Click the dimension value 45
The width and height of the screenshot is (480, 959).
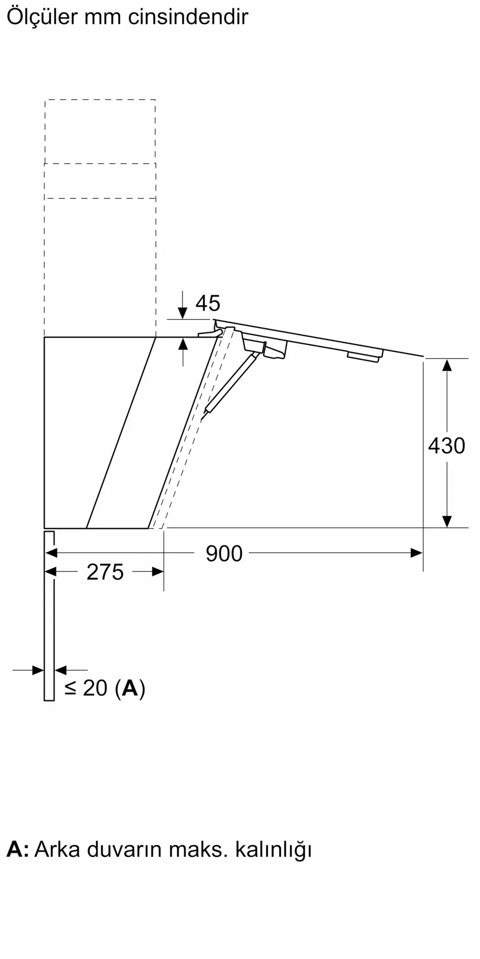tap(208, 303)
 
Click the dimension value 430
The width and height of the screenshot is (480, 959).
tap(446, 445)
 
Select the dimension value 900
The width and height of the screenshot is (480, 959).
tap(224, 553)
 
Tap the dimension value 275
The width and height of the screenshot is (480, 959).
tap(105, 572)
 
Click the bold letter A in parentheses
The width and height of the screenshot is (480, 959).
tap(130, 688)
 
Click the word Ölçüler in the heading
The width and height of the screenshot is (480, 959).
tap(42, 17)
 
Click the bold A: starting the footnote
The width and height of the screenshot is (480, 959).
tap(17, 849)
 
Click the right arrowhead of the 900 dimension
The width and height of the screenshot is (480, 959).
tap(416, 553)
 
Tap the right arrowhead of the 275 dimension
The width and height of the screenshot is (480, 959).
tap(157, 572)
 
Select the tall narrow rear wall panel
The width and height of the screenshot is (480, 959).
tap(49, 616)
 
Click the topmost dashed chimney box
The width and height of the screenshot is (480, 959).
tap(100, 131)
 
